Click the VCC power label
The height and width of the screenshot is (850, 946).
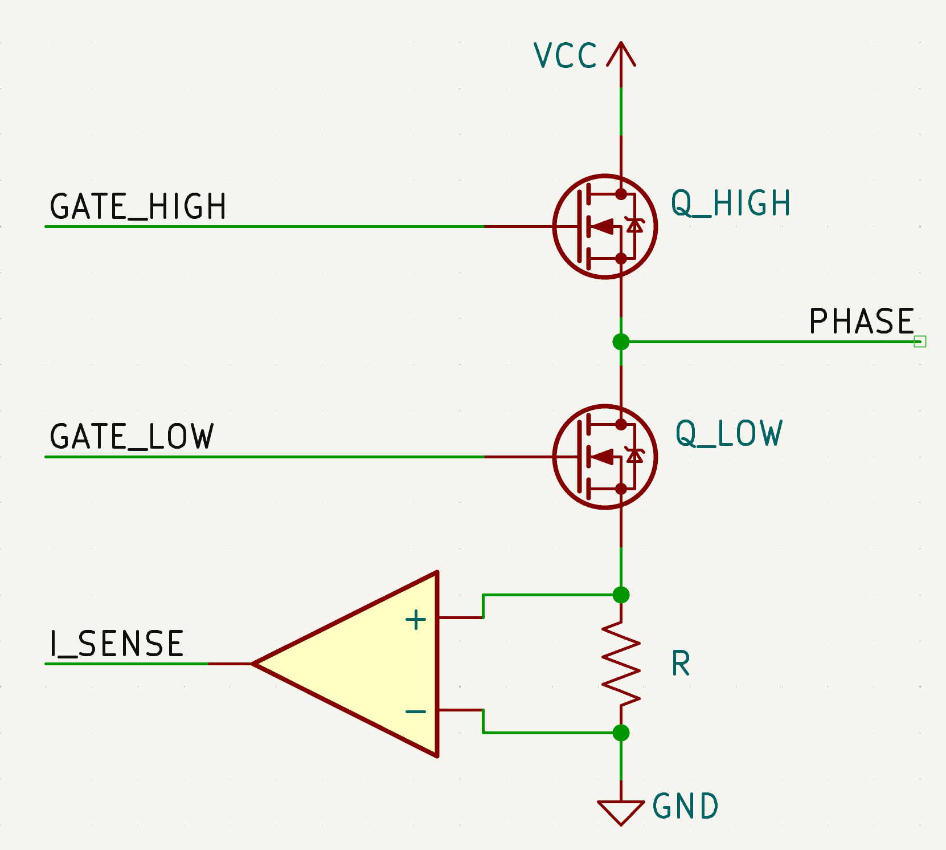point(565,56)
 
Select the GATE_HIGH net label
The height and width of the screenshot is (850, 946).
point(138,206)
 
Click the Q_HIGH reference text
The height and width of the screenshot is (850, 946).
point(731,204)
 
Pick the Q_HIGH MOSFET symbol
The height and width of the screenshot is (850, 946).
point(605,226)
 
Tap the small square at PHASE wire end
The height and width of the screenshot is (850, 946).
point(920,341)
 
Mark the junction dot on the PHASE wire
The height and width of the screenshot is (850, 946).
point(621,341)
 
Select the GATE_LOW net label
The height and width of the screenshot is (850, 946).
point(132,437)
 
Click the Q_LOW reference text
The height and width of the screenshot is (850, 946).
point(729,433)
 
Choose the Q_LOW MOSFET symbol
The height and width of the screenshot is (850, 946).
point(605,457)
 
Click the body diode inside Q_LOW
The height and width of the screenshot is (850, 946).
point(634,456)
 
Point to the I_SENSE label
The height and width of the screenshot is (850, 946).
point(117,644)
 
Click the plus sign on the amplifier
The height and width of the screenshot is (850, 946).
point(416,620)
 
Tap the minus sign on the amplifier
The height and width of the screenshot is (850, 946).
point(416,711)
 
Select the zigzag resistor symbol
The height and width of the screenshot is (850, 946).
point(621,663)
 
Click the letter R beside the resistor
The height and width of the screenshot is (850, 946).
point(681,664)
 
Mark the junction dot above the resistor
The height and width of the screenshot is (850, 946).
point(621,595)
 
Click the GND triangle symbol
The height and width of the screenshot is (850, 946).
point(621,811)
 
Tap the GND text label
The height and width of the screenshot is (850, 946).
point(685,806)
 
